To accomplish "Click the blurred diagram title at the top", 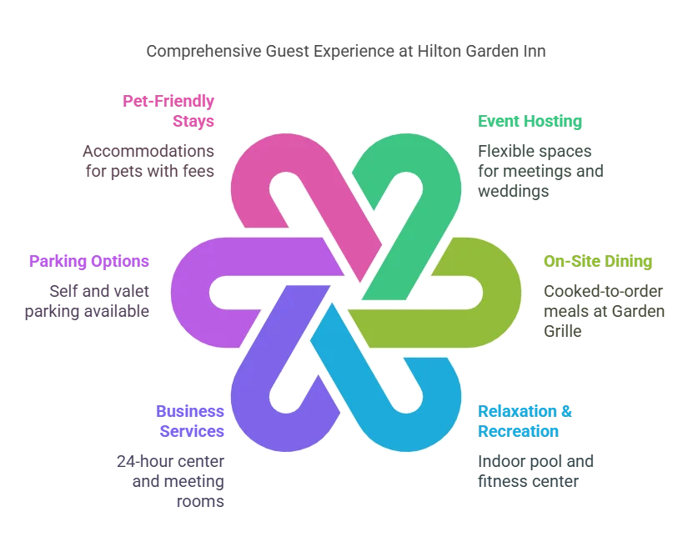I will click(346, 52).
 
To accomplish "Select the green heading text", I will click(529, 120).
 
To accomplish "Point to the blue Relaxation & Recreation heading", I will click(518, 421).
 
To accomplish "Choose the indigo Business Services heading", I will click(190, 421).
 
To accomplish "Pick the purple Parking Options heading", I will click(89, 260).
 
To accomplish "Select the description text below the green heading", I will click(540, 172).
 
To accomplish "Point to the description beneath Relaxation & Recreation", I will click(534, 470).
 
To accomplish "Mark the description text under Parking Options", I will click(98, 301).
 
